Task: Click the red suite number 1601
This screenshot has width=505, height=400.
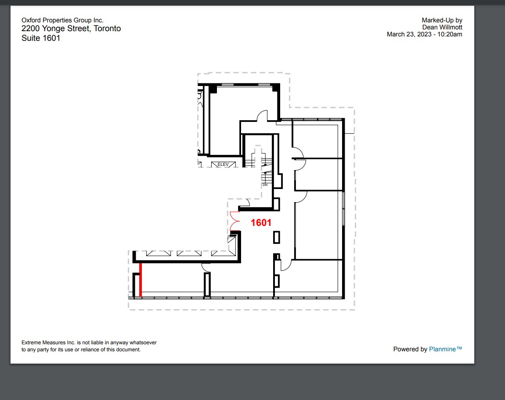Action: click(261, 223)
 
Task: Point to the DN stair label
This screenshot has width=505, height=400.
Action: click(265, 185)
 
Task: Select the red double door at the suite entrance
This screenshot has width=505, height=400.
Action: click(234, 221)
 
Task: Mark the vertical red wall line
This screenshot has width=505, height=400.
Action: click(141, 280)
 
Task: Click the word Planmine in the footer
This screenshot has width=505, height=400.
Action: click(445, 349)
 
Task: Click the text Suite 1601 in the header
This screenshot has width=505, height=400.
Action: click(41, 38)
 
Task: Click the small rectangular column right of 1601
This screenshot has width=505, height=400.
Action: click(276, 237)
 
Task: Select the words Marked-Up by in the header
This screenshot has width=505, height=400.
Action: click(442, 20)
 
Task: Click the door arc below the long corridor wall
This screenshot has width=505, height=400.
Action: click(205, 267)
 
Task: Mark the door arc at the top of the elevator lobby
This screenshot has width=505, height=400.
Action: click(262, 116)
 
